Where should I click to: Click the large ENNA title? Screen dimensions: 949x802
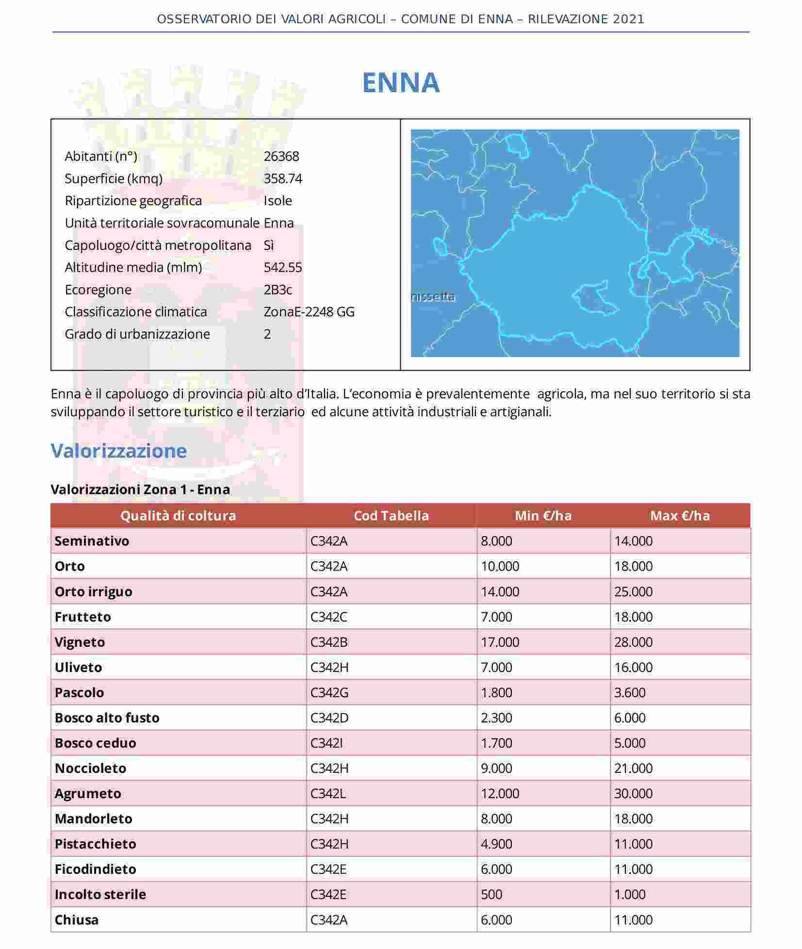tap(401, 82)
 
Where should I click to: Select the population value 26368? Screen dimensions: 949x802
tap(281, 156)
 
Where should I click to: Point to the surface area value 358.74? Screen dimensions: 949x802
tap(283, 179)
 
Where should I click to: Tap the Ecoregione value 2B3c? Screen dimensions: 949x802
tap(278, 290)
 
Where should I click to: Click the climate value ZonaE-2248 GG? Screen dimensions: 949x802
tap(309, 311)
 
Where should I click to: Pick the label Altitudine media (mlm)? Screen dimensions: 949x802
tap(133, 267)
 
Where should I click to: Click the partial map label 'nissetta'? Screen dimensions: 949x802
tap(433, 296)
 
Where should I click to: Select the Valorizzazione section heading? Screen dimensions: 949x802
tap(119, 451)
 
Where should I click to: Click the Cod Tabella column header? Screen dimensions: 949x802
tap(391, 515)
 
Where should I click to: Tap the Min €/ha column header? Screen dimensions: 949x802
tap(543, 515)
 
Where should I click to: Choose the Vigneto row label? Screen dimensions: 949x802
tap(80, 642)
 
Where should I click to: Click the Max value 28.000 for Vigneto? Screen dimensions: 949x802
tap(633, 642)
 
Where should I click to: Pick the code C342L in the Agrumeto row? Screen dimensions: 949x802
tap(328, 793)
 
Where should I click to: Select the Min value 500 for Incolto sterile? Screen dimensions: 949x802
tap(491, 894)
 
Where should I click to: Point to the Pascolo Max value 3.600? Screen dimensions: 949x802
tap(630, 692)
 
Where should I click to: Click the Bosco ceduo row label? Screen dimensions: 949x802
tap(95, 743)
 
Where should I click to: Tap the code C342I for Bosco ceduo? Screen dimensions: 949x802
tap(326, 743)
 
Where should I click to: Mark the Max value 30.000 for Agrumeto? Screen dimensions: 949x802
tap(633, 793)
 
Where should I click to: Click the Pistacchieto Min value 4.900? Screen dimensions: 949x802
tap(496, 844)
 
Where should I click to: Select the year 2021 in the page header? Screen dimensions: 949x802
tap(629, 19)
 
